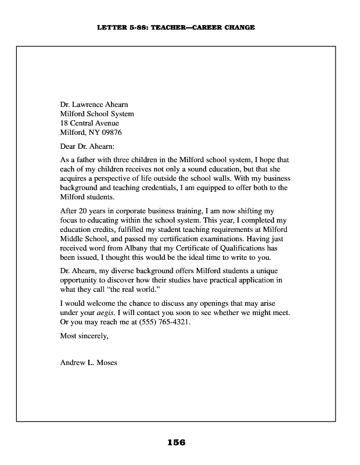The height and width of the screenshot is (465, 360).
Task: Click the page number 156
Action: click(x=176, y=442)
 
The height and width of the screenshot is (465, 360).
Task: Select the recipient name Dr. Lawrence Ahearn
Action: click(x=98, y=105)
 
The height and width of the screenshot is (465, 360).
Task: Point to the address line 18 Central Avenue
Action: click(x=89, y=123)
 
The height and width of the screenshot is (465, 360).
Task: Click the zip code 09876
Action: click(x=110, y=133)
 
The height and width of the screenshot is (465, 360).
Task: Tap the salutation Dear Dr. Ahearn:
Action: click(x=88, y=146)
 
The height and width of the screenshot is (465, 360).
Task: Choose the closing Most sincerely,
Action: click(x=84, y=335)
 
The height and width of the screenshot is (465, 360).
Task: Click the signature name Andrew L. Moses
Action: click(x=88, y=363)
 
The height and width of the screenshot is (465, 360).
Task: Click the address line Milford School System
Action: click(x=97, y=114)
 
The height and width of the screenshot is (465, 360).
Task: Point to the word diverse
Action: click(x=129, y=270)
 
